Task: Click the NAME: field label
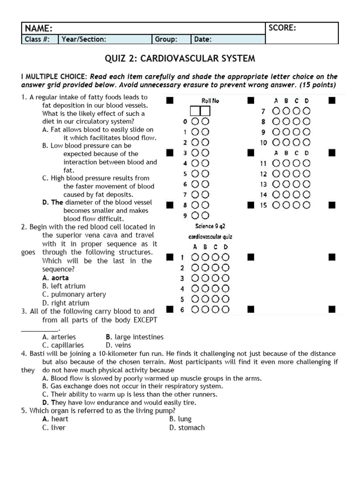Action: click(x=38, y=28)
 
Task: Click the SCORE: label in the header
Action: click(x=282, y=28)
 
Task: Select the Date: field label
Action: click(x=203, y=39)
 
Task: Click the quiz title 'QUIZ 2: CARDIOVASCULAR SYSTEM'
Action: click(x=180, y=59)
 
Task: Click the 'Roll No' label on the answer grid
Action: click(x=210, y=100)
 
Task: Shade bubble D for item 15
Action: click(x=306, y=205)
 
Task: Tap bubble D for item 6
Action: click(x=225, y=309)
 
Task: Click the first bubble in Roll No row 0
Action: click(x=195, y=121)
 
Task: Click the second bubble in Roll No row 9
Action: click(x=205, y=216)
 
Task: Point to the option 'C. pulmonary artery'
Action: click(x=74, y=294)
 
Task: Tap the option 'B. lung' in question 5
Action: click(x=180, y=419)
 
